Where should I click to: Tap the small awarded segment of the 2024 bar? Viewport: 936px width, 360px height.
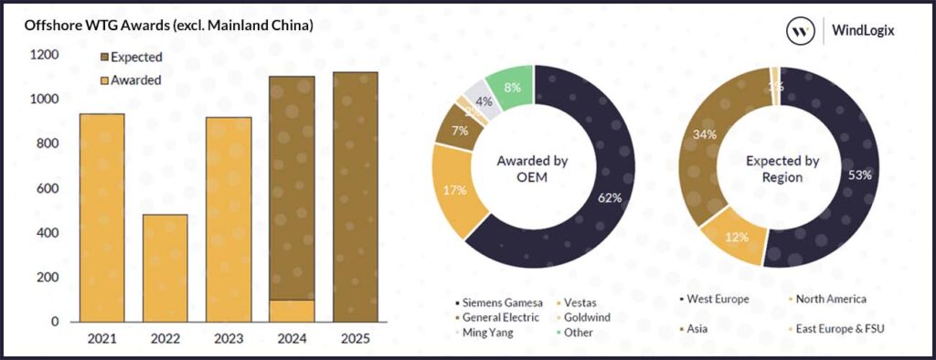(x=292, y=311)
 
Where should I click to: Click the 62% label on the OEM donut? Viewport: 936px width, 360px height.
(x=610, y=196)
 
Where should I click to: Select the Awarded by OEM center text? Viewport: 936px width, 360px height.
(x=533, y=169)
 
